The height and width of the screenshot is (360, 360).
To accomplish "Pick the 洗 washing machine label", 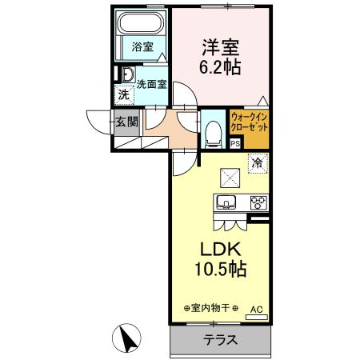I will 123,95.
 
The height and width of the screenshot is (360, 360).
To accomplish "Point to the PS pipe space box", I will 234,144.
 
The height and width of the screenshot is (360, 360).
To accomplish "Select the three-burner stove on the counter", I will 258,202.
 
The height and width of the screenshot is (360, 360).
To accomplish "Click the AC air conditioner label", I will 257,307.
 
